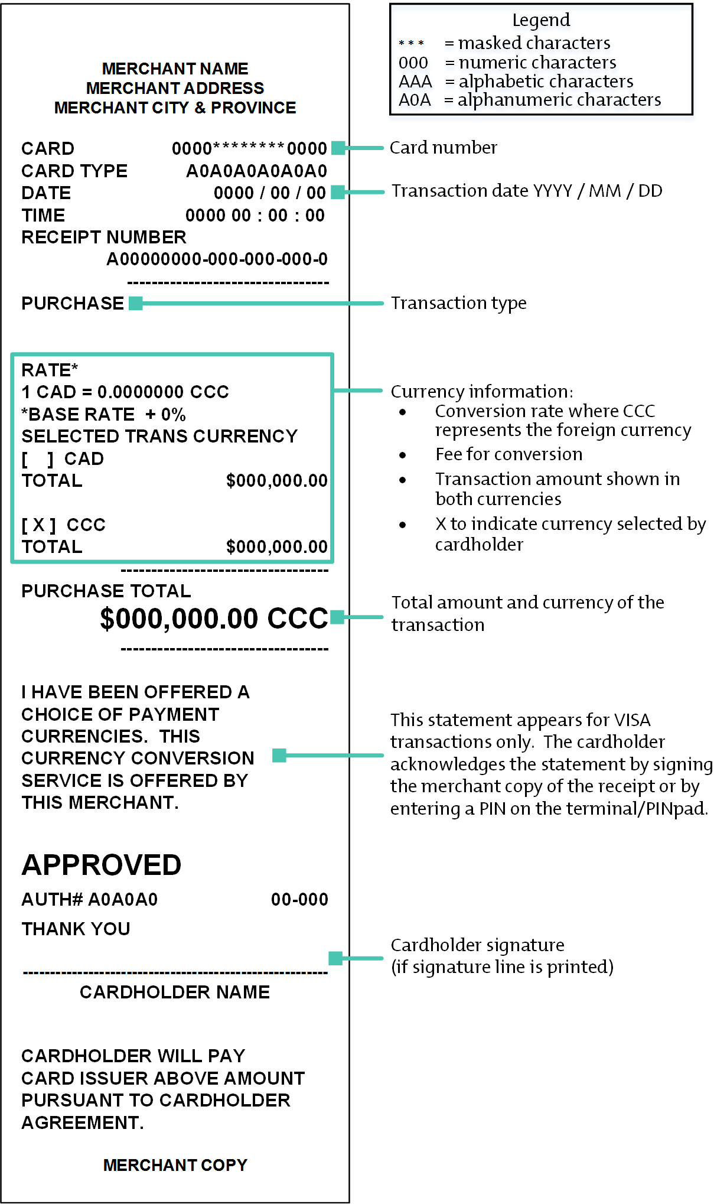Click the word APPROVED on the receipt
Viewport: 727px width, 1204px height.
coord(101,865)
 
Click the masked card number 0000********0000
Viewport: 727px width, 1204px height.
coord(249,148)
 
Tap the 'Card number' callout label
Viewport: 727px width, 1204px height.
coord(443,148)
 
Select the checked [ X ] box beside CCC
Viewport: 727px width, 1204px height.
coord(39,525)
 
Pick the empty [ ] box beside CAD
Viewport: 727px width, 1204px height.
coord(38,459)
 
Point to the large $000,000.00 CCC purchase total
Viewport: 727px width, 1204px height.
coord(214,619)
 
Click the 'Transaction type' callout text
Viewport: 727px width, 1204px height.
coord(458,303)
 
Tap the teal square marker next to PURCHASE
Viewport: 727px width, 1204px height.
coord(136,303)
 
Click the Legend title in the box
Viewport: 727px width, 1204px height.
coord(541,20)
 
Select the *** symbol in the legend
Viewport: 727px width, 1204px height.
coord(411,43)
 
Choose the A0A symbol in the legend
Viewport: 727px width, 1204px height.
coord(415,100)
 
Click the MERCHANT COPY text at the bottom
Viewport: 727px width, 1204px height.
coord(175,1164)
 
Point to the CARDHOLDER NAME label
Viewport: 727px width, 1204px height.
coord(175,992)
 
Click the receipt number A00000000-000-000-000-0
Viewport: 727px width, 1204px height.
coord(217,259)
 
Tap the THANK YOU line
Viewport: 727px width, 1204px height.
coord(76,929)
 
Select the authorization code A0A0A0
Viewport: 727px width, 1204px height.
coord(123,899)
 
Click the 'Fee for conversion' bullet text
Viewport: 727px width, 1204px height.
coord(508,454)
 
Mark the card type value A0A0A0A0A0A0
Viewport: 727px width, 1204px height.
coord(256,171)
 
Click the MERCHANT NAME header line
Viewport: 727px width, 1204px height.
coord(175,69)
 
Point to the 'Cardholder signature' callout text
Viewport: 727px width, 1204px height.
coord(477,945)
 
